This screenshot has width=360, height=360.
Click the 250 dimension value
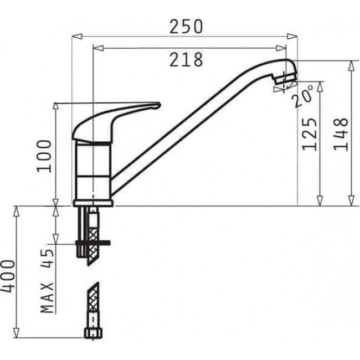[x=186, y=26]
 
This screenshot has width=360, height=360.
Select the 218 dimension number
[x=186, y=60]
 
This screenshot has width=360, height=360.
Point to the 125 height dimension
[x=310, y=133]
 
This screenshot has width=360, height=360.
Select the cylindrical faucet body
[x=92, y=172]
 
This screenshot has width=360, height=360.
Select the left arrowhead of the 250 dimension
[x=76, y=36]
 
